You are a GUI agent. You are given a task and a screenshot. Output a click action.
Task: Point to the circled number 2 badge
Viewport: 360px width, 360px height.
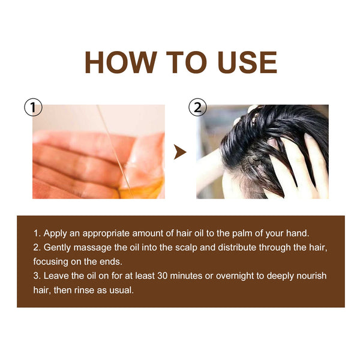[197, 108]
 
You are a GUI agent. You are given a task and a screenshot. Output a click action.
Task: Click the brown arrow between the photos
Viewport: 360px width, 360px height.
[179, 152]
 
